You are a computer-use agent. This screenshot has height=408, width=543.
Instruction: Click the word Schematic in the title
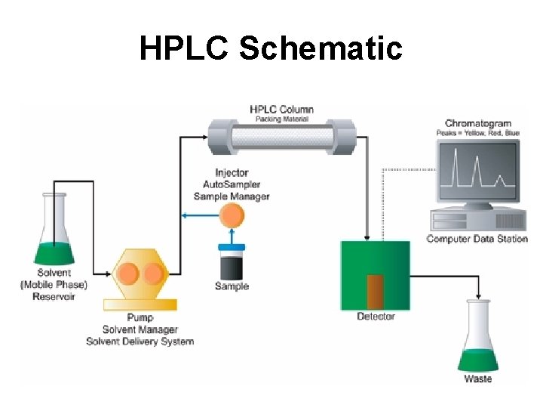pyautogui.click(x=321, y=48)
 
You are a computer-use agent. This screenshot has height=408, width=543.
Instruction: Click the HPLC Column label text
pyautogui.click(x=281, y=110)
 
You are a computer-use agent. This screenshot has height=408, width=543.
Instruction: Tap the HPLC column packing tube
pyautogui.click(x=283, y=138)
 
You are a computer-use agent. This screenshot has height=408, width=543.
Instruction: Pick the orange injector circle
pyautogui.click(x=232, y=216)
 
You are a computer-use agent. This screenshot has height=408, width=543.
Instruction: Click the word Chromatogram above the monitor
pyautogui.click(x=477, y=123)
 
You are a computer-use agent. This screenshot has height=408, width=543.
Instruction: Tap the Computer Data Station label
pyautogui.click(x=477, y=240)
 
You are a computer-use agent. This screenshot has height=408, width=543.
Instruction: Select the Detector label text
pyautogui.click(x=376, y=316)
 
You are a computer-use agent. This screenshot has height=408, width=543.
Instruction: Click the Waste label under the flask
pyautogui.click(x=478, y=379)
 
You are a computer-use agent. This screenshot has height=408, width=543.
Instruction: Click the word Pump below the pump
pyautogui.click(x=140, y=318)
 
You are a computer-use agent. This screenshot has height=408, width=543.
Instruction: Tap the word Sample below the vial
pyautogui.click(x=232, y=286)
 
